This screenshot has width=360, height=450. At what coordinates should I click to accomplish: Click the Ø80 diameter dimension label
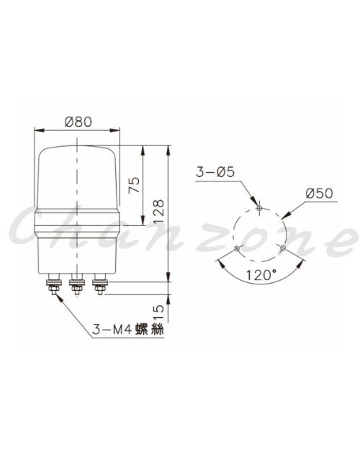click(78, 122)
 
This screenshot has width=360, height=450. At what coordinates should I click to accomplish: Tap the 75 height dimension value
click(135, 185)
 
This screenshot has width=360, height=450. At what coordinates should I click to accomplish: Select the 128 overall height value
click(158, 211)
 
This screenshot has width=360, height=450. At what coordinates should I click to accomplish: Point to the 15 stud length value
click(158, 312)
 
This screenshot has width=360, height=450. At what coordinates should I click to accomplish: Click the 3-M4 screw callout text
click(127, 329)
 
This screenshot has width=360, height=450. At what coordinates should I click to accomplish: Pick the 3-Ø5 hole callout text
click(215, 172)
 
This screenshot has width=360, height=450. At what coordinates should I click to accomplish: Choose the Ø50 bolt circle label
click(319, 194)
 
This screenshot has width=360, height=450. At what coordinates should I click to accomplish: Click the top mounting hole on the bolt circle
click(259, 208)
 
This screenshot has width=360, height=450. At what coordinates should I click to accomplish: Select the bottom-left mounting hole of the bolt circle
click(237, 248)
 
